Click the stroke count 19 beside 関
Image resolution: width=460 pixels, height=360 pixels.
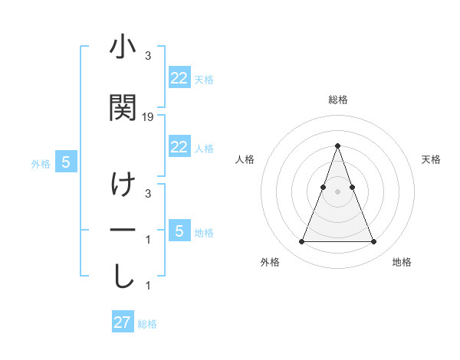[x=148, y=117]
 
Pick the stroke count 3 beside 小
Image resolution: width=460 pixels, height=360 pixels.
[x=148, y=56]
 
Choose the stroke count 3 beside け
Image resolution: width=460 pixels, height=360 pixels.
[x=148, y=194]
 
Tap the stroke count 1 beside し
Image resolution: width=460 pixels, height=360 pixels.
[x=148, y=286]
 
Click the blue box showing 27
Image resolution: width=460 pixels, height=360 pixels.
[x=123, y=322]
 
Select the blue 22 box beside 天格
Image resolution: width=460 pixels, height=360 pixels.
[x=179, y=78]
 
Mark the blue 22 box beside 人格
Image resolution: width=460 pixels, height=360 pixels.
[x=179, y=147]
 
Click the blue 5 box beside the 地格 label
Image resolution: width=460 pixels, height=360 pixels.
[x=179, y=231]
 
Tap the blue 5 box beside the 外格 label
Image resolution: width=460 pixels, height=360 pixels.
[x=66, y=162]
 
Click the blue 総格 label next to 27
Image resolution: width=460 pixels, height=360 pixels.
[x=147, y=324]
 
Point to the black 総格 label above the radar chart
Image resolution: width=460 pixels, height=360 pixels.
[x=338, y=100]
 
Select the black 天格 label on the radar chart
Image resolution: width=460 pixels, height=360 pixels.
[x=432, y=159]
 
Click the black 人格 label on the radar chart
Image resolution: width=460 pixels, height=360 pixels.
[x=245, y=159]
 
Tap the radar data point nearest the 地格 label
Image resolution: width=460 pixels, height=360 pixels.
[x=373, y=242]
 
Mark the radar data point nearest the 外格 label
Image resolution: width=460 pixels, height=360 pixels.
[x=301, y=242]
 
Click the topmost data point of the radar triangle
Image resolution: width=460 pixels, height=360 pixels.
[x=337, y=146]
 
